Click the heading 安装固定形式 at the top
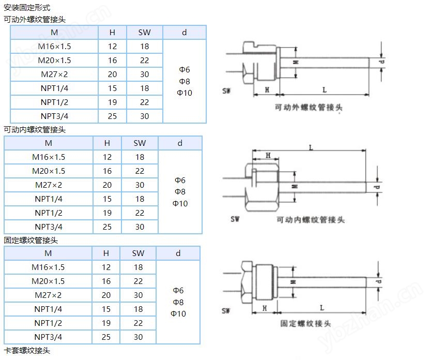27,8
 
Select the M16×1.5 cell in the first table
54,46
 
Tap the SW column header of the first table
144,32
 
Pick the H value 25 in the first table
112,116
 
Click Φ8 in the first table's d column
185,81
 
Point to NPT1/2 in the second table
49,213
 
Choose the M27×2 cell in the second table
49,185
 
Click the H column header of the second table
107,143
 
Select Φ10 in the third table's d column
178,313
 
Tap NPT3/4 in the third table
48,337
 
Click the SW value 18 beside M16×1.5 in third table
138,267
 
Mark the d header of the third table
178,253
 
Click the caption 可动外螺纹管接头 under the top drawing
309,107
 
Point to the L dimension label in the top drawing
325,90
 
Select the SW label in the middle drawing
235,219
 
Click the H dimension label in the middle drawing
268,155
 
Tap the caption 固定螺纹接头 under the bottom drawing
305,324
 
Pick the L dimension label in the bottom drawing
322,308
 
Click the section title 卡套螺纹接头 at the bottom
27,350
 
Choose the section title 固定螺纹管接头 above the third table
30,241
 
